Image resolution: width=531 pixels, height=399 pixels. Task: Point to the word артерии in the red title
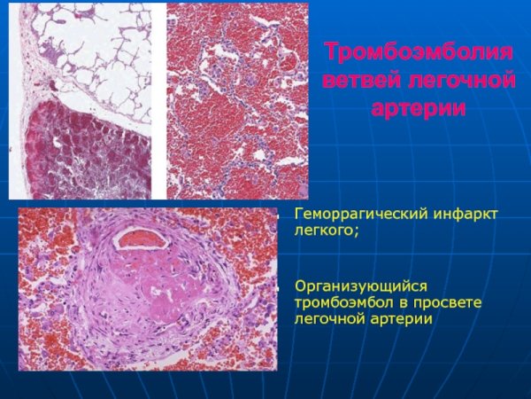[x=419, y=109]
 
